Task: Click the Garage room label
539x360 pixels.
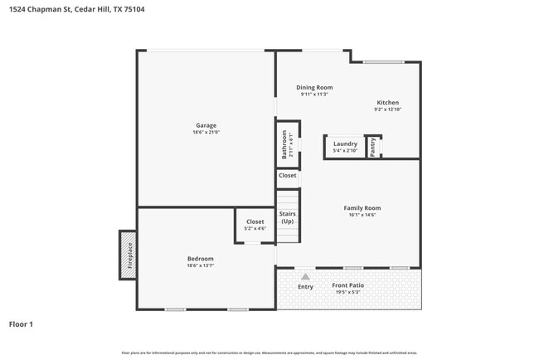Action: coord(206,125)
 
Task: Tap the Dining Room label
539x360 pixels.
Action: coord(314,87)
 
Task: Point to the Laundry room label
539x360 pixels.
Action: coord(345,144)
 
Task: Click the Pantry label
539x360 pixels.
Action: coord(373,147)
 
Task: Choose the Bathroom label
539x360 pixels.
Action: coord(284,144)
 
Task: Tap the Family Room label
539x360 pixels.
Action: coord(362,207)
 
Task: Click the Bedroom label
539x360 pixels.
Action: coord(200,259)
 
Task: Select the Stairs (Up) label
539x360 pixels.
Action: coord(287,217)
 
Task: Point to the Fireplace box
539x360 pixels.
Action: coord(129,255)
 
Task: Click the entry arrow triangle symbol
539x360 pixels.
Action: coord(305,276)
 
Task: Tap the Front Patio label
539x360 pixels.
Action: coord(348,285)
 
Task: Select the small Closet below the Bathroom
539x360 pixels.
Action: coord(287,176)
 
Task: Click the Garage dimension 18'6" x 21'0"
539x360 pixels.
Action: coord(206,132)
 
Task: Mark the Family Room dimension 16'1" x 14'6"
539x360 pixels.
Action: coord(362,215)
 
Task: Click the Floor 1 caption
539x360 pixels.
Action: coord(21,324)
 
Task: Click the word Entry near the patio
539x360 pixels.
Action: coord(305,287)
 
